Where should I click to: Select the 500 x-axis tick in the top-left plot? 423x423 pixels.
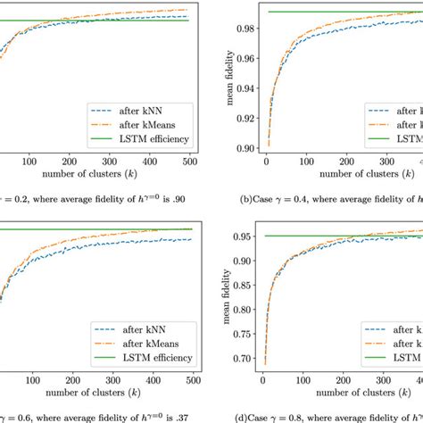tap(190, 162)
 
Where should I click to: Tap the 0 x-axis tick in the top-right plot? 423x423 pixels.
tap(266, 162)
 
